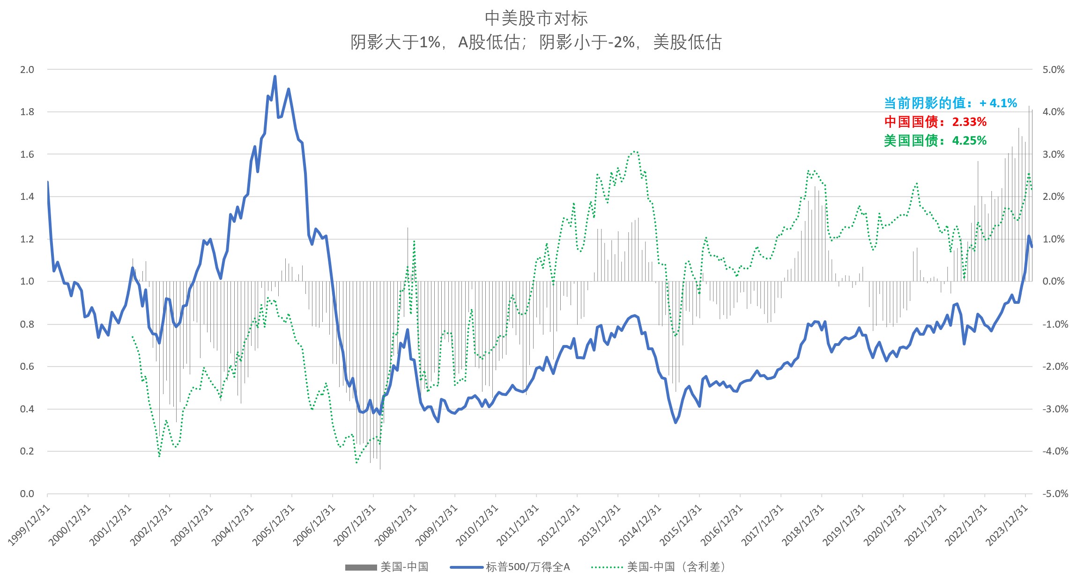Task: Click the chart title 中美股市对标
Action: click(536, 18)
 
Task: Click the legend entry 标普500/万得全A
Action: click(527, 567)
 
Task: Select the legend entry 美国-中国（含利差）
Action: click(676, 567)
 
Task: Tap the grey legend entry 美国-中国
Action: click(404, 567)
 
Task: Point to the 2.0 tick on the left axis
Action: click(27, 70)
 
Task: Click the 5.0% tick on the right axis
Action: click(1053, 70)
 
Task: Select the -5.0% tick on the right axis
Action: click(1054, 494)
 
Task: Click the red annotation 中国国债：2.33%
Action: click(935, 122)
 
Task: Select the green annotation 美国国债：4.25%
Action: click(935, 140)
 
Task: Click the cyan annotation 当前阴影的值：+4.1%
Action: click(950, 103)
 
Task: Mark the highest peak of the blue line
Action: click(275, 76)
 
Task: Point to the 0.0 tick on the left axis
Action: click(27, 494)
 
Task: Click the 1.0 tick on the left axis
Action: click(27, 281)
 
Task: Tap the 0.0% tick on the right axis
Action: click(1053, 281)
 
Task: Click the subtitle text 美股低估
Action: click(687, 43)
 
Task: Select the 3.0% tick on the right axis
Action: click(1053, 154)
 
